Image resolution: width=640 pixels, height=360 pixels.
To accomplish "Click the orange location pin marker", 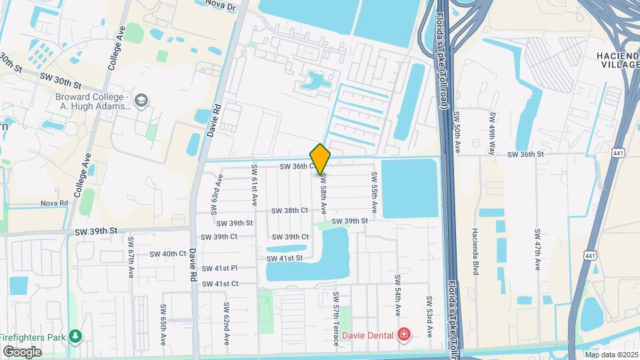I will [321, 159].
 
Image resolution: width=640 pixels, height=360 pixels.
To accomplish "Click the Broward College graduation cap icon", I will [141, 101].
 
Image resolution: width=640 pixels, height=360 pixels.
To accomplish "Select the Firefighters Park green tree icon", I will [75, 336].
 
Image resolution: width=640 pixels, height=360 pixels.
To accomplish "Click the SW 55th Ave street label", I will [375, 193].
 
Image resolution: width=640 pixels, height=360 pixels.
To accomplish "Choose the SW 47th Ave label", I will [537, 250].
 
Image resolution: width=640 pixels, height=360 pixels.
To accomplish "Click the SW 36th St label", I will [525, 155].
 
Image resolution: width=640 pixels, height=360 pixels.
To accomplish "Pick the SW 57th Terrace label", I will [336, 319].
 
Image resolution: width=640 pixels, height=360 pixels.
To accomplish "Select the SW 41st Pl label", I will [219, 268].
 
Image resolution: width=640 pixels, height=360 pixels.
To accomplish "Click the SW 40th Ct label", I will [167, 254].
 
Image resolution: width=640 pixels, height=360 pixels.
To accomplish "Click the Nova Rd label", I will [55, 203].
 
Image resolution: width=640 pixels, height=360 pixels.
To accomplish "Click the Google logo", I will [22, 351].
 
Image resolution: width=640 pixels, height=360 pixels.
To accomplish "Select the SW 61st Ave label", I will [254, 184].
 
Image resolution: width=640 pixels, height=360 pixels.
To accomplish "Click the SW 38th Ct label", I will [289, 210].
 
